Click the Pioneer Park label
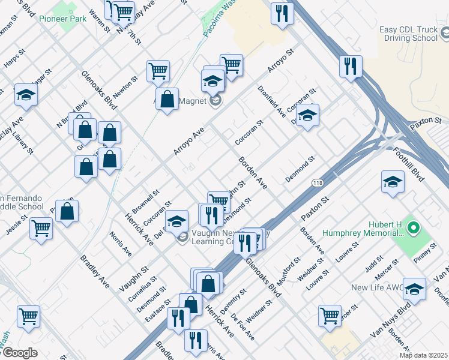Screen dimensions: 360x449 [x=62, y=19]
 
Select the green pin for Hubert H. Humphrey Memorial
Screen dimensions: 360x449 [x=413, y=228]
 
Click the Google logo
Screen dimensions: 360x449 [x=19, y=353]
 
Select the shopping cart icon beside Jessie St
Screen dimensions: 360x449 [x=41, y=228]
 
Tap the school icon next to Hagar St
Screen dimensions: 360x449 [x=26, y=95]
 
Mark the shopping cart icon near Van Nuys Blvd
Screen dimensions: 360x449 [x=330, y=315]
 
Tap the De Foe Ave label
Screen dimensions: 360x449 [x=241, y=326]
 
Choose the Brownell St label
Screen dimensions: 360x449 [x=145, y=199]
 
